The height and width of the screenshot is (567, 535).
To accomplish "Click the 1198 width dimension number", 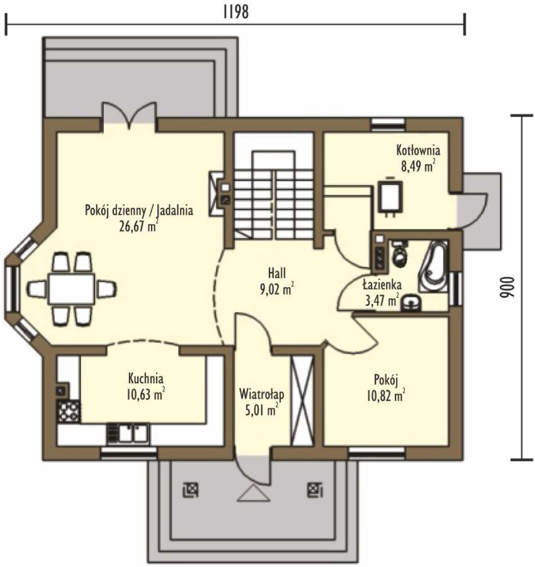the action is point(236,12).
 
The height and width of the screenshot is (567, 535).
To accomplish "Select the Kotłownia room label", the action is point(418,150).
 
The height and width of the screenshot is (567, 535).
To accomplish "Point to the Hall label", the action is point(277,273).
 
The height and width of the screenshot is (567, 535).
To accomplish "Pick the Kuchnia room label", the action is point(146,379).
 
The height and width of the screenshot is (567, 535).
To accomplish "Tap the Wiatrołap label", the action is point(262,395).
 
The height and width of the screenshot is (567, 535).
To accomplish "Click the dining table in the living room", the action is point(71,288).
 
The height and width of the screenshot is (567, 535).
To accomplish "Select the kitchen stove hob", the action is point(69,411).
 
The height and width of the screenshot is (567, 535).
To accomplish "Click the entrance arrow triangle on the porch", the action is point(253,493).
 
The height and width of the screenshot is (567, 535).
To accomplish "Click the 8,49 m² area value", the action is point(418,166).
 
